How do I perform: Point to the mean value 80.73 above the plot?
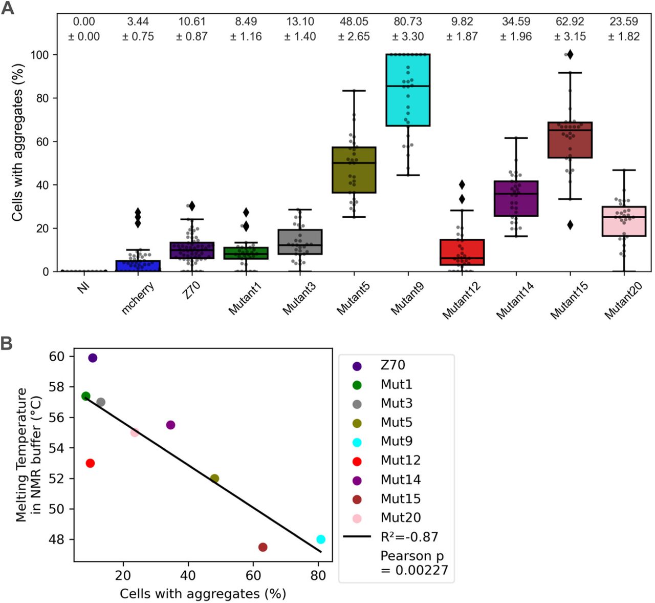pos(408,22)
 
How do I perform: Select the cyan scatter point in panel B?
pos(321,539)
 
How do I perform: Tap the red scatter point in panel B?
pos(90,463)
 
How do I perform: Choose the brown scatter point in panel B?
pos(263,547)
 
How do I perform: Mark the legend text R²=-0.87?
pos(409,537)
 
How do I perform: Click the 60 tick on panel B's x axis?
pos(253,575)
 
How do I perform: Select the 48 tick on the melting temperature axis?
pos(56,539)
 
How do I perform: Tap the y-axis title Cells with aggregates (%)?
pos(18,142)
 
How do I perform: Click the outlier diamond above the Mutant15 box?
pos(570,55)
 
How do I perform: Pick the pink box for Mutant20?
pos(624,221)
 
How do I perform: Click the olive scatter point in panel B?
pos(214,479)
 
